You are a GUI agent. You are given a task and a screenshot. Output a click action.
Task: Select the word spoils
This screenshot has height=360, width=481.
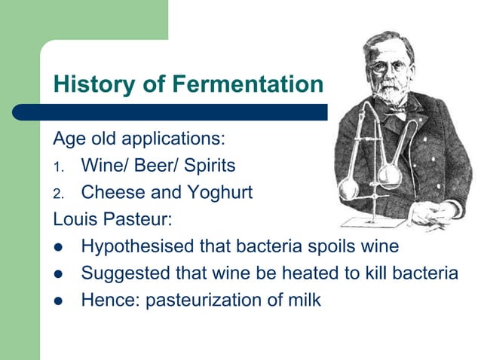click(x=327, y=247)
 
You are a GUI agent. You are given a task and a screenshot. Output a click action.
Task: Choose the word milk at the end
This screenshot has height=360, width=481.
click(x=304, y=301)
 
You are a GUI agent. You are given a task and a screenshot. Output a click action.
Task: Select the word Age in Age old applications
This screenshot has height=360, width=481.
click(x=68, y=139)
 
